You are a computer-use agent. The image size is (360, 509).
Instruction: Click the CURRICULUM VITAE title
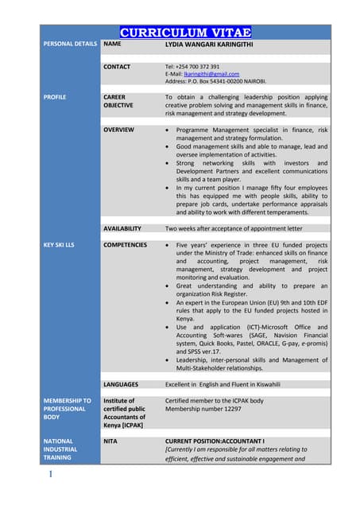(x=185, y=33)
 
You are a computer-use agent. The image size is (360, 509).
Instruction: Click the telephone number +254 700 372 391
(x=192, y=67)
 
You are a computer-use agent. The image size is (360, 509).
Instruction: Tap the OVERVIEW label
(x=119, y=129)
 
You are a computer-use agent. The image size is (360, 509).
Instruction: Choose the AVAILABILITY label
(x=122, y=228)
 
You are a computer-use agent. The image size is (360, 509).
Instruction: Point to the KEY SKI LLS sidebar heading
(x=58, y=246)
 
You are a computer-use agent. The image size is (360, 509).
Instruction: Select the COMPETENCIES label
(x=126, y=246)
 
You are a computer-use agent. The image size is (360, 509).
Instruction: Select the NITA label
(x=111, y=441)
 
